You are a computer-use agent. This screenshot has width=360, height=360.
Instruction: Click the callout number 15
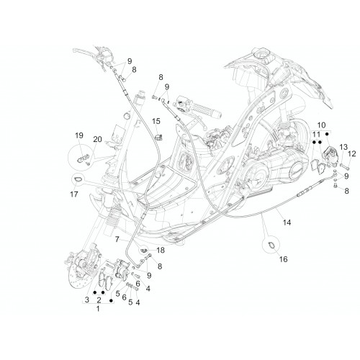tap(156, 121)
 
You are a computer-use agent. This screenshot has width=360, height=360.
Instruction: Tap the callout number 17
tap(74, 194)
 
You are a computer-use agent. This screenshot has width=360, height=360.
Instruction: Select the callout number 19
tap(79, 135)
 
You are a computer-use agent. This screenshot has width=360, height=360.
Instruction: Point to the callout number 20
tap(97, 139)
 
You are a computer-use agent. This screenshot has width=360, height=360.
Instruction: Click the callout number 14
tap(287, 222)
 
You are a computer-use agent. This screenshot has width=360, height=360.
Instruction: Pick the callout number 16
tap(283, 259)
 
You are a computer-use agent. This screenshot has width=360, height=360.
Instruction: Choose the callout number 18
tap(161, 251)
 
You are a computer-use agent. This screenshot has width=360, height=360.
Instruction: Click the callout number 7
tap(117, 239)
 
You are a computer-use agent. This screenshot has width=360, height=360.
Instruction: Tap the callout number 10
tap(321, 125)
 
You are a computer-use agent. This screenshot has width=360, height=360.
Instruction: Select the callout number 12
tap(352, 153)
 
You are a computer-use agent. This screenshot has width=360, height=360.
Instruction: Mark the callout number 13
tap(343, 147)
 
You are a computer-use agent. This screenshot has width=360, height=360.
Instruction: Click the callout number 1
tap(98, 309)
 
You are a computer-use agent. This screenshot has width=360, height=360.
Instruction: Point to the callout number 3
tap(87, 300)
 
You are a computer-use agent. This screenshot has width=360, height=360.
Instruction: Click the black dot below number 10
tap(326, 134)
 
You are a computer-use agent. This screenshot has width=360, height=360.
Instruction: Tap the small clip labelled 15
tap(158, 138)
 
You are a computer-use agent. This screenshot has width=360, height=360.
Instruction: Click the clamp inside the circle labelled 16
tap(270, 246)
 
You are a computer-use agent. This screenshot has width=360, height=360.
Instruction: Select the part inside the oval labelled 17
tap(78, 179)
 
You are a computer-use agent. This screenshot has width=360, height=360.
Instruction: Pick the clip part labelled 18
tap(143, 251)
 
